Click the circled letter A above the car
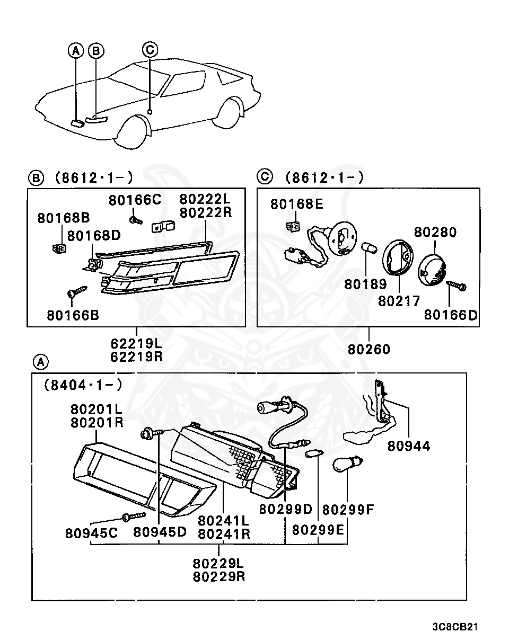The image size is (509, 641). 76,50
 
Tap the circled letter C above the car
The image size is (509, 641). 150,49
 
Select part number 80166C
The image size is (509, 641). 135,200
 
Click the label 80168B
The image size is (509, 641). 64,218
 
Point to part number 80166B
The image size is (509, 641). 73,315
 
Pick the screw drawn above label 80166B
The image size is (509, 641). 76,291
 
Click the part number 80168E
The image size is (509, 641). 296,204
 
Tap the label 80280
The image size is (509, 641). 435,232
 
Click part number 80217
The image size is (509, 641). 399,301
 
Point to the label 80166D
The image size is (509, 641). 451,315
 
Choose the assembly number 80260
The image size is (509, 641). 369,349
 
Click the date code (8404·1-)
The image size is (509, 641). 83,385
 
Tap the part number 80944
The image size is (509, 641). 409,446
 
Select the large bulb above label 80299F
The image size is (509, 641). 347,465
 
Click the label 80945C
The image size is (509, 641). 92,532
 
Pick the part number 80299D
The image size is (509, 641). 286,509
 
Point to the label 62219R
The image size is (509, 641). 136,357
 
